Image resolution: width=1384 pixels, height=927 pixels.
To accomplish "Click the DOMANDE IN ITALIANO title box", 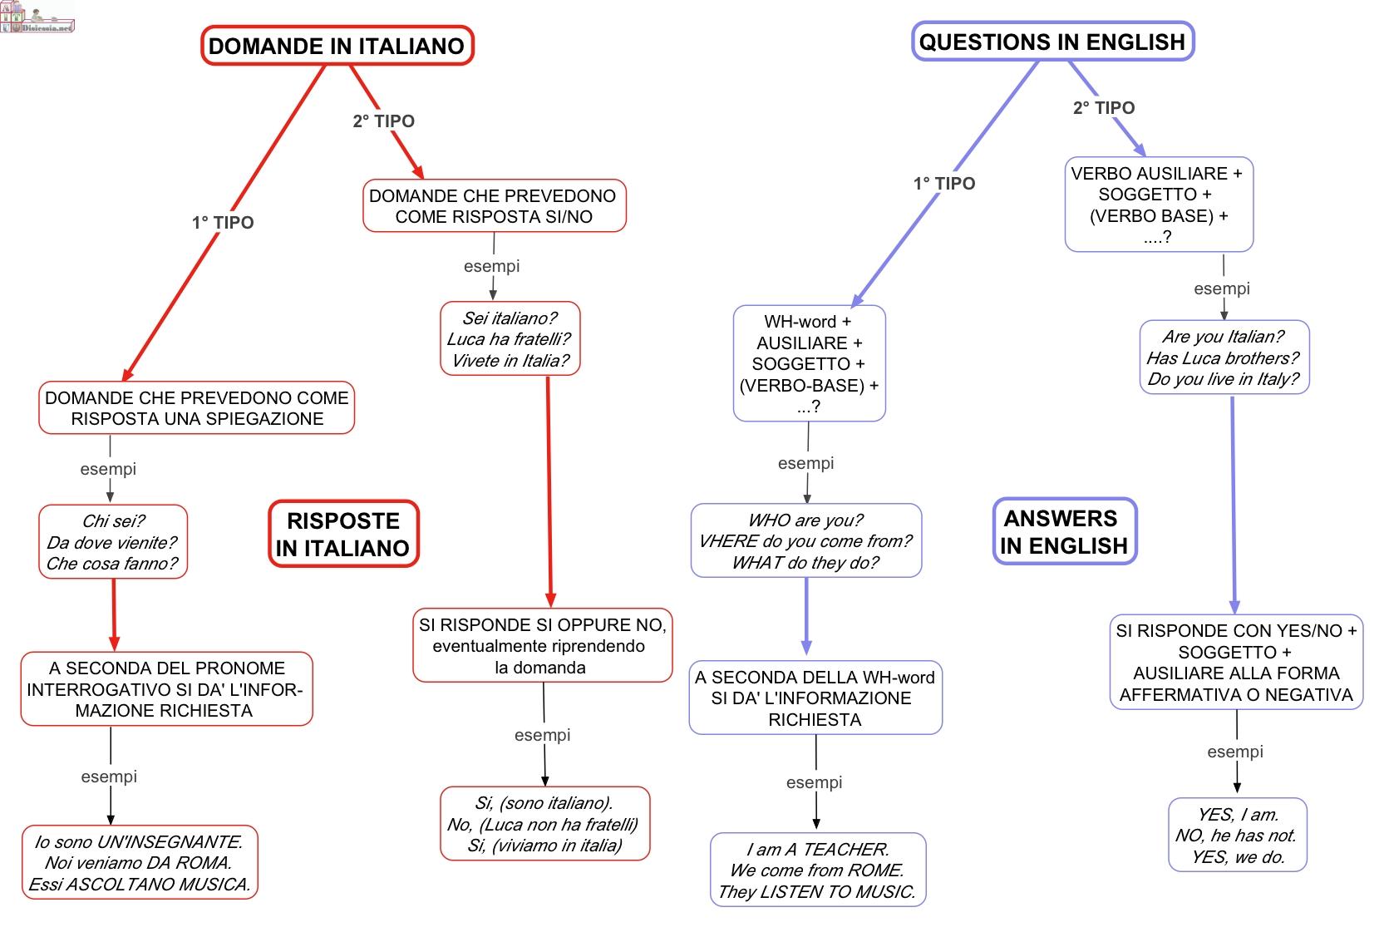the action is point(337,46).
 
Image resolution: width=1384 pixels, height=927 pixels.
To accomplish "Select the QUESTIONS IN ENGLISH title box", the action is point(1053,42).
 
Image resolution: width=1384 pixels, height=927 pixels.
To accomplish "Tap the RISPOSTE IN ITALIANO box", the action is point(343,534).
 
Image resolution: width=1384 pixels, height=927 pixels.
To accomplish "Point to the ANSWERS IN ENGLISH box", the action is point(1065,531).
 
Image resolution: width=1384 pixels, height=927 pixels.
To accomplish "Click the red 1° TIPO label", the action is point(223,223).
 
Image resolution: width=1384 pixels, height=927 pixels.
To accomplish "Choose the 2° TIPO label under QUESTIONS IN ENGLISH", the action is point(1104,107).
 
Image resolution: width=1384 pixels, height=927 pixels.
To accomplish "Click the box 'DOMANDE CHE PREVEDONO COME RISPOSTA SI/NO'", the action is point(495,206).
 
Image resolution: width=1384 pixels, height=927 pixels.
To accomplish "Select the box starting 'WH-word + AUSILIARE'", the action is point(810,363).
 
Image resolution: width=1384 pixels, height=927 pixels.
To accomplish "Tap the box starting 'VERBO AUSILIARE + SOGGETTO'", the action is point(1159,205).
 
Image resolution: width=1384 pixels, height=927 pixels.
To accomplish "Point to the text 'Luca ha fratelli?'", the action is point(509,339).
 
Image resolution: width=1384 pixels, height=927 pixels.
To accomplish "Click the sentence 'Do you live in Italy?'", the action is point(1224,379).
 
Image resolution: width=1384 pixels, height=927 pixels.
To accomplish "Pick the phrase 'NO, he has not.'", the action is point(1236,836).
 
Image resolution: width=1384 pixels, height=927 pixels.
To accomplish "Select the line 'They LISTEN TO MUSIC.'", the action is point(817,892).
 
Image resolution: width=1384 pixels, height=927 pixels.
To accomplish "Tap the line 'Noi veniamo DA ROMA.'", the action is point(138,863).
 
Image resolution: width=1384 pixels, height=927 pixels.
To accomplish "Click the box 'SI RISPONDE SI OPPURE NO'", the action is point(543,646).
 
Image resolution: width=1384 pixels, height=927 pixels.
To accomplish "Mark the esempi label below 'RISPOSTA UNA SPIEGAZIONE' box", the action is point(108,469).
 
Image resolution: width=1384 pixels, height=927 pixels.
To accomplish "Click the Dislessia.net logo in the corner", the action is point(37,17).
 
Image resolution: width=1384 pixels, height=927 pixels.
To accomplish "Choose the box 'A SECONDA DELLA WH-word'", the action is point(815,698).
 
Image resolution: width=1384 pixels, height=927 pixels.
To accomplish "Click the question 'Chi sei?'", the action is point(114,521).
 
